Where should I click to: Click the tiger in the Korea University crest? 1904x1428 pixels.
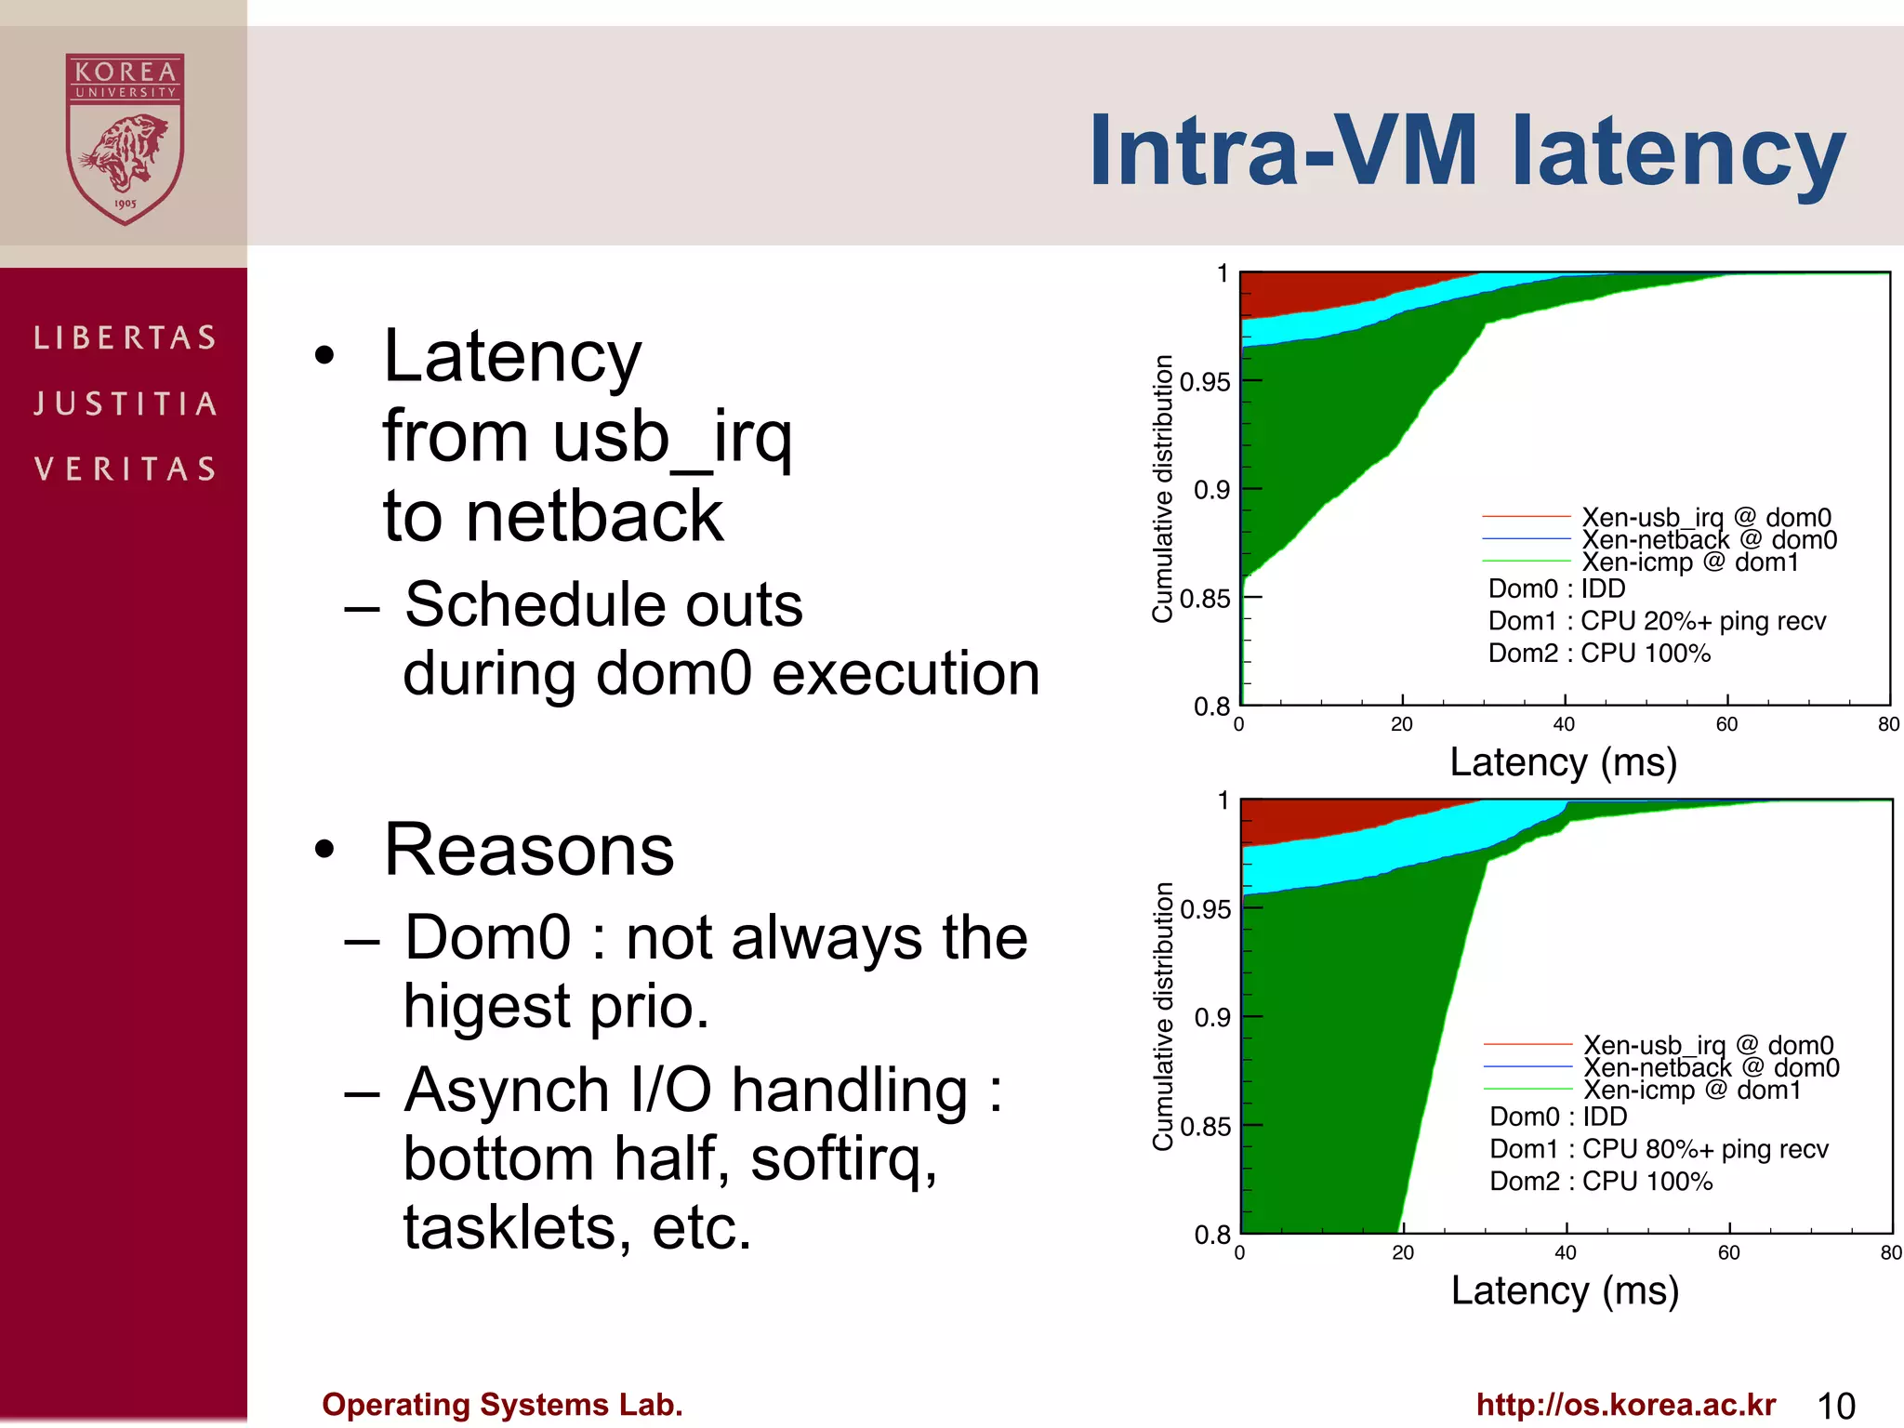tap(126, 153)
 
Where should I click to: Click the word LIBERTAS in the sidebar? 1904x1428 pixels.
tap(126, 337)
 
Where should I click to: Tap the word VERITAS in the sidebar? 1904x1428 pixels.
tap(126, 469)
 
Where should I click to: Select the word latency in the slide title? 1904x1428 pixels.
tap(1678, 152)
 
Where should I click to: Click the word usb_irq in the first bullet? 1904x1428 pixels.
tap(671, 437)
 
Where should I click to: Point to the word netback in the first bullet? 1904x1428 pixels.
tap(594, 517)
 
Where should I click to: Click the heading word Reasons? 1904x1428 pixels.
tap(529, 850)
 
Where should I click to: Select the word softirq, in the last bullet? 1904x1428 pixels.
tap(843, 1159)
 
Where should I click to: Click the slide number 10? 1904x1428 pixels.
tap(1835, 1406)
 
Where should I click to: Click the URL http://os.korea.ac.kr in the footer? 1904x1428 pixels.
tap(1626, 1405)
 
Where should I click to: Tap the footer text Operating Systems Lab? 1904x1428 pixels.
tap(502, 1405)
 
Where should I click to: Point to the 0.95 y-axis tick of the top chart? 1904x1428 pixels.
tap(1205, 382)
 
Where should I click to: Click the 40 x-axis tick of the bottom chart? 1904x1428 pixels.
tap(1566, 1252)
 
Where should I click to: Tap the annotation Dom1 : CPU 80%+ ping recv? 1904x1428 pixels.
tap(1659, 1149)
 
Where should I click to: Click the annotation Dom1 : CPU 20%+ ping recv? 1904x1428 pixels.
tap(1657, 621)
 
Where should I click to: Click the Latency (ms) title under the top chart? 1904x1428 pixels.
tap(1564, 762)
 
